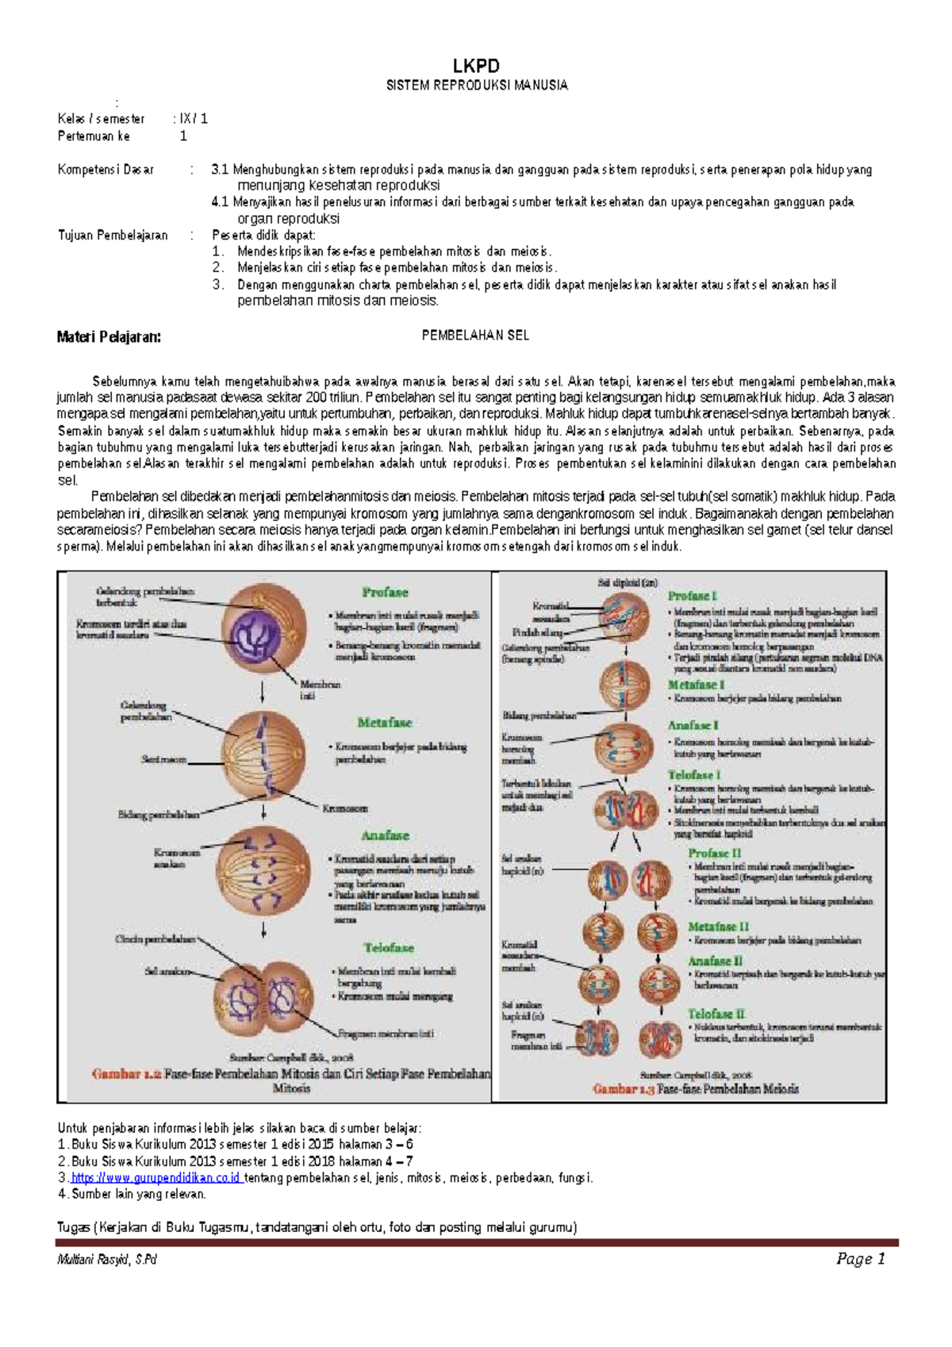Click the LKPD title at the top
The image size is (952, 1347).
[476, 66]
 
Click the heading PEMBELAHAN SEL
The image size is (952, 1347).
[475, 336]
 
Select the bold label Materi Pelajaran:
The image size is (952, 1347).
[109, 337]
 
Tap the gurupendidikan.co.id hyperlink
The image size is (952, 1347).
[155, 1177]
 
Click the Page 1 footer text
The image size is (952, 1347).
[861, 1259]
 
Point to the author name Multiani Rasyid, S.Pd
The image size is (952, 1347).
[106, 1260]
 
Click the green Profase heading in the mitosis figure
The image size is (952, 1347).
[385, 592]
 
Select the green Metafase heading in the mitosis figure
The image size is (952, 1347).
[385, 723]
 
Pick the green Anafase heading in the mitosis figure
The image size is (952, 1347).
[385, 835]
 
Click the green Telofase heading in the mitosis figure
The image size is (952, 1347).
[389, 947]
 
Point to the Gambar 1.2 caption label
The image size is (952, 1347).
[127, 1074]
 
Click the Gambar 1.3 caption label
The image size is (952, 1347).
[624, 1089]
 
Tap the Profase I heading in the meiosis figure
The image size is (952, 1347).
[692, 596]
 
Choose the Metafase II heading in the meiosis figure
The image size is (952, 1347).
[718, 926]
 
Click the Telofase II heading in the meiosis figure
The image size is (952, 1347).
[716, 1014]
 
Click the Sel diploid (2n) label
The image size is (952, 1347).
[628, 582]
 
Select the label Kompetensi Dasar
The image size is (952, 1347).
[106, 170]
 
